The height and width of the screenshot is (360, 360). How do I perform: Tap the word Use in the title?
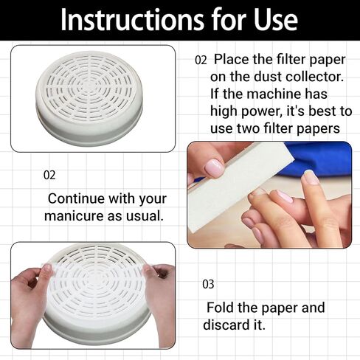275,20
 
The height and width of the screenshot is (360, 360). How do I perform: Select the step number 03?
208,284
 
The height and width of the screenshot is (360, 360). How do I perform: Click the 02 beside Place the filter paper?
201,60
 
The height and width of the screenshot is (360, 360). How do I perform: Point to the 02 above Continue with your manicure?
49,175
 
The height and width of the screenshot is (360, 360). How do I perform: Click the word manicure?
74,216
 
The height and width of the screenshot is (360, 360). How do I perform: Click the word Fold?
220,308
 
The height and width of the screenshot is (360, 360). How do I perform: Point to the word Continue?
76,198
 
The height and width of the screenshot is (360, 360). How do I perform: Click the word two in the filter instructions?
249,128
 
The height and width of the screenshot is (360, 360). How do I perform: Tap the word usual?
145,216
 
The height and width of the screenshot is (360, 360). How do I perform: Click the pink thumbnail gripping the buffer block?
214,167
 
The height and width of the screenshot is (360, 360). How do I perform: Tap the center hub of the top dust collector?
87,86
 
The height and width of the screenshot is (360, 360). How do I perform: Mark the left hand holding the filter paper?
30,302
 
